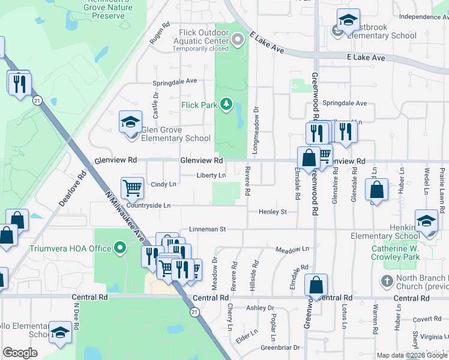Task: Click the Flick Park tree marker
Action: pos(226,105)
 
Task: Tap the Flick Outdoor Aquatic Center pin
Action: pos(238,40)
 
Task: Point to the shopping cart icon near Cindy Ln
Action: pos(132,188)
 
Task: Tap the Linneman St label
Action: pos(206,229)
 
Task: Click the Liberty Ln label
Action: pos(211,176)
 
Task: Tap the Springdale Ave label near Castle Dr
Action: pos(175,81)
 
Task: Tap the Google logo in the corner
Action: pos(20,353)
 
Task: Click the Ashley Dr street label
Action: pos(259,308)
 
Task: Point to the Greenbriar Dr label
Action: pos(280,347)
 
